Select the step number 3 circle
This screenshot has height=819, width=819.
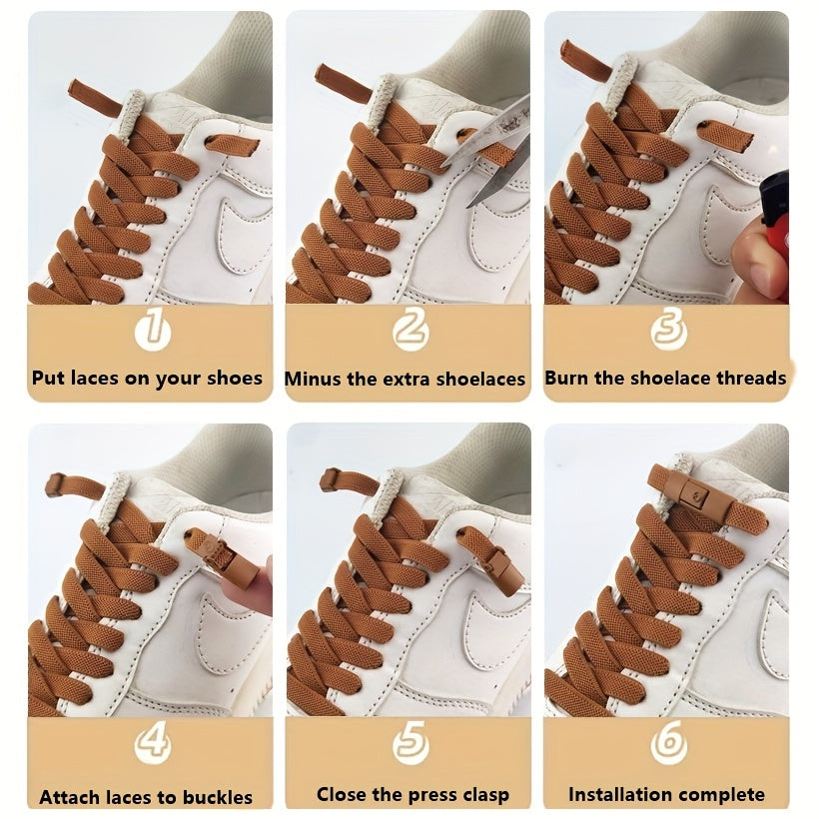click(668, 329)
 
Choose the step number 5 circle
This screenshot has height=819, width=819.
click(409, 744)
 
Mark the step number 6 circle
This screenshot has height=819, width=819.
click(667, 744)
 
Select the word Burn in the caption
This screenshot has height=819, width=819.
click(566, 379)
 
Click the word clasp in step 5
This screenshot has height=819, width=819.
click(483, 795)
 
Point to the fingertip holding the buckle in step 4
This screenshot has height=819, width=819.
click(262, 594)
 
